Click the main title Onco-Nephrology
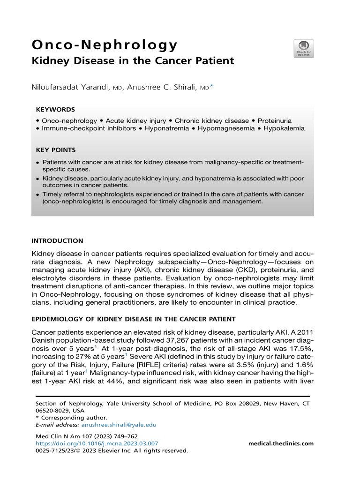(x=104, y=45)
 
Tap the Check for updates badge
(x=304, y=48)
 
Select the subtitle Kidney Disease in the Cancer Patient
(x=133, y=61)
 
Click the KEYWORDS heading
(x=55, y=109)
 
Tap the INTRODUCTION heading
(x=57, y=240)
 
